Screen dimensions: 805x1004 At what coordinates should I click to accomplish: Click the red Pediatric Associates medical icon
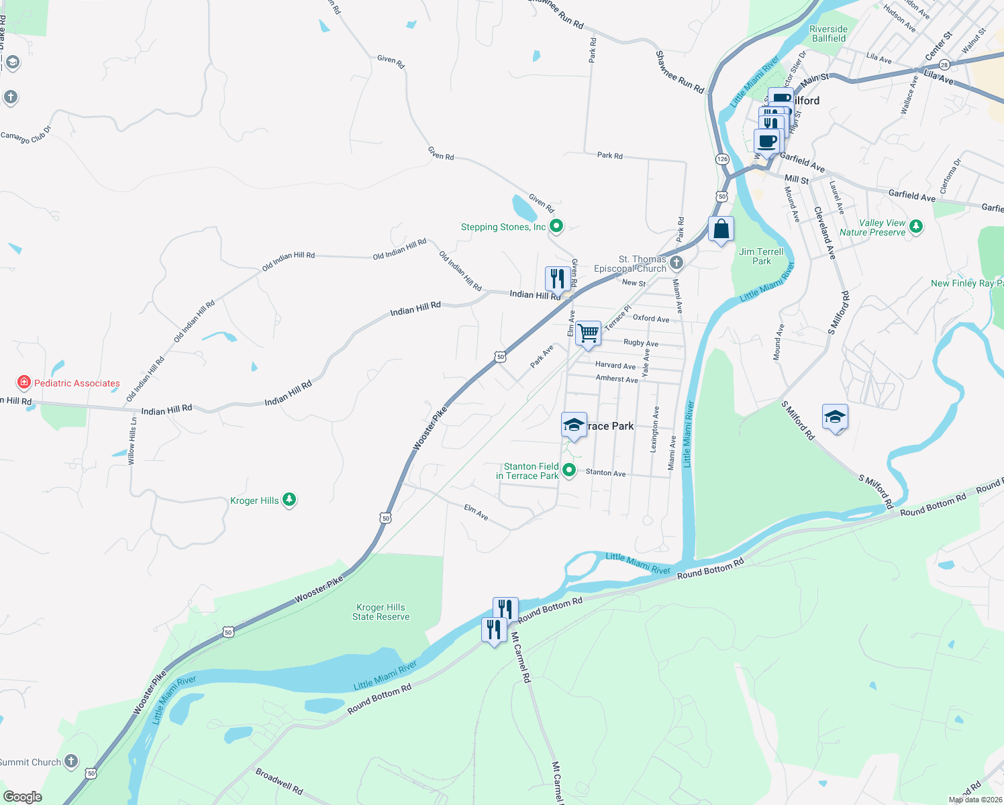click(24, 382)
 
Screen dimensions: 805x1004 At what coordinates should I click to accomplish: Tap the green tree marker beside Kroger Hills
click(289, 499)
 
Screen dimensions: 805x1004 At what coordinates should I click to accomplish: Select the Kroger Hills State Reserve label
click(381, 612)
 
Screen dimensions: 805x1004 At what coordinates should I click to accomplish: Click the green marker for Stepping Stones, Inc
click(556, 226)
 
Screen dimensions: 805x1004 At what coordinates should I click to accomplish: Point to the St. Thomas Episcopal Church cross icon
click(676, 262)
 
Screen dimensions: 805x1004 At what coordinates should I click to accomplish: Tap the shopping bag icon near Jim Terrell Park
click(721, 229)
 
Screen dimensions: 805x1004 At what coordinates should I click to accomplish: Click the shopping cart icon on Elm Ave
click(588, 333)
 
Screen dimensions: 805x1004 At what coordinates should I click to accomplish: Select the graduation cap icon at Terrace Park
click(574, 425)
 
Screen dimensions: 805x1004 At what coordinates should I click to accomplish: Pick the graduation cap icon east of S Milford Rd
click(835, 417)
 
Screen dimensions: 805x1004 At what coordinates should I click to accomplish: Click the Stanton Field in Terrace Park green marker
click(569, 470)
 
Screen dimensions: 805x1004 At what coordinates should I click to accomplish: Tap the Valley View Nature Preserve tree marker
click(916, 227)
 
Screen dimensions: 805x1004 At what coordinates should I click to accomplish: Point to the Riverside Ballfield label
click(828, 34)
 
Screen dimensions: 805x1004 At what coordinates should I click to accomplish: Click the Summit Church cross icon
click(71, 761)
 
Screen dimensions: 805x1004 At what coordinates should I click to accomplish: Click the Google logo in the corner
click(23, 796)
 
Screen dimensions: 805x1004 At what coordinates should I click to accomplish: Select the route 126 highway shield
click(722, 159)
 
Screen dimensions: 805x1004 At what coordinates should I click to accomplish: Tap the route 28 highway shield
click(944, 65)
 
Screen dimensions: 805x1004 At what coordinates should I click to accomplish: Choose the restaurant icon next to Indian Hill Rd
click(557, 277)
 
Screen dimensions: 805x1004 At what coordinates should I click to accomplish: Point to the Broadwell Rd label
click(279, 781)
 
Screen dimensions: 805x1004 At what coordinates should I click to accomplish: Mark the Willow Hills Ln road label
click(132, 441)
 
